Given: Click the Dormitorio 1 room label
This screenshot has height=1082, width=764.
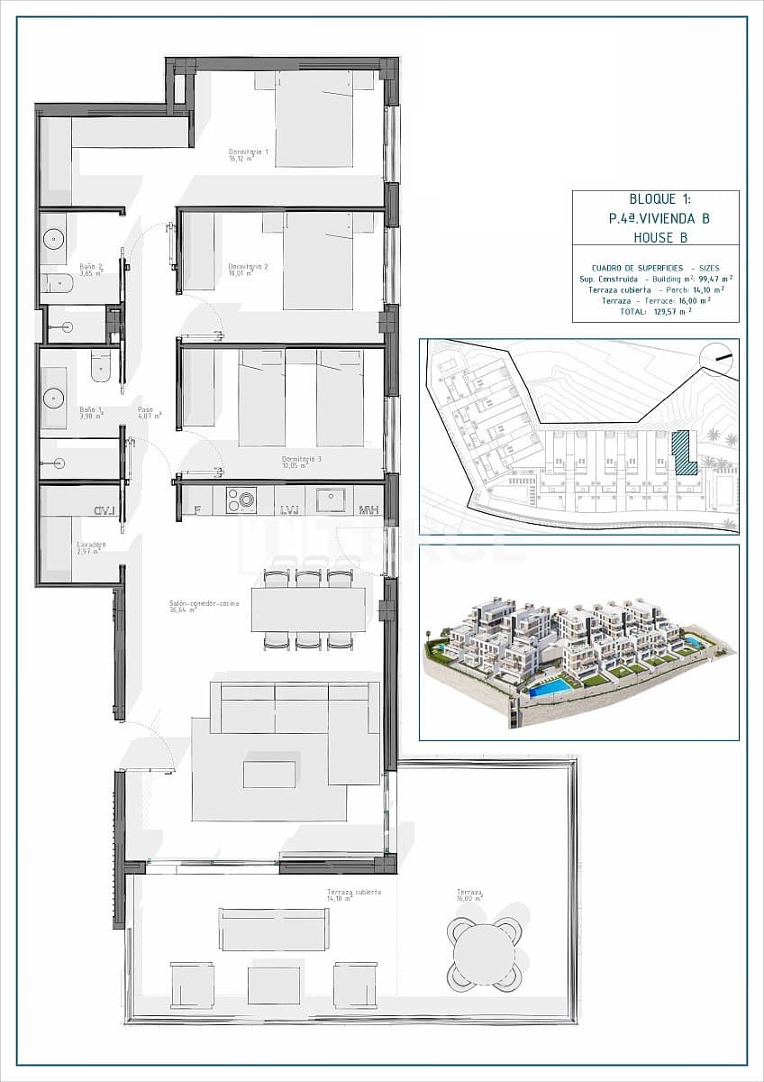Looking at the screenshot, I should coord(249,155).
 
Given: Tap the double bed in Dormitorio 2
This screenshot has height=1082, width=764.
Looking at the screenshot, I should coord(317,261).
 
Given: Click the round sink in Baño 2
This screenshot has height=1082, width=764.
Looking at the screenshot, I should coord(53,239).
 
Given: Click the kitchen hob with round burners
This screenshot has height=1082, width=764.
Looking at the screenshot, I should coord(241,500).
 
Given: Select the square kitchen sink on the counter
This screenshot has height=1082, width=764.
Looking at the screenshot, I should coord(331,500).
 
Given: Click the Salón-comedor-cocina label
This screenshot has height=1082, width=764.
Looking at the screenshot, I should coord(204,605).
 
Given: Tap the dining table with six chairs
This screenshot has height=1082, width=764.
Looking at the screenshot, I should coord(308,610).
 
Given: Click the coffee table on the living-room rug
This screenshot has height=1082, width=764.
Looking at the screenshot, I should coord(269,774).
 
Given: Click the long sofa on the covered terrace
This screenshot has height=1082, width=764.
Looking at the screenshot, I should coord(274,929).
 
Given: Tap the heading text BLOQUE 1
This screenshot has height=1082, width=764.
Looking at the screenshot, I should coord(659,200).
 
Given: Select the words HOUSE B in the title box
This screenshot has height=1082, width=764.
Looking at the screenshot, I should coord(654,238).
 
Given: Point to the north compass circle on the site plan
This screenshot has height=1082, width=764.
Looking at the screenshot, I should coord(717,359).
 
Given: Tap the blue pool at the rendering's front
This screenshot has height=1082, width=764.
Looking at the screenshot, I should coord(549,688).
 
